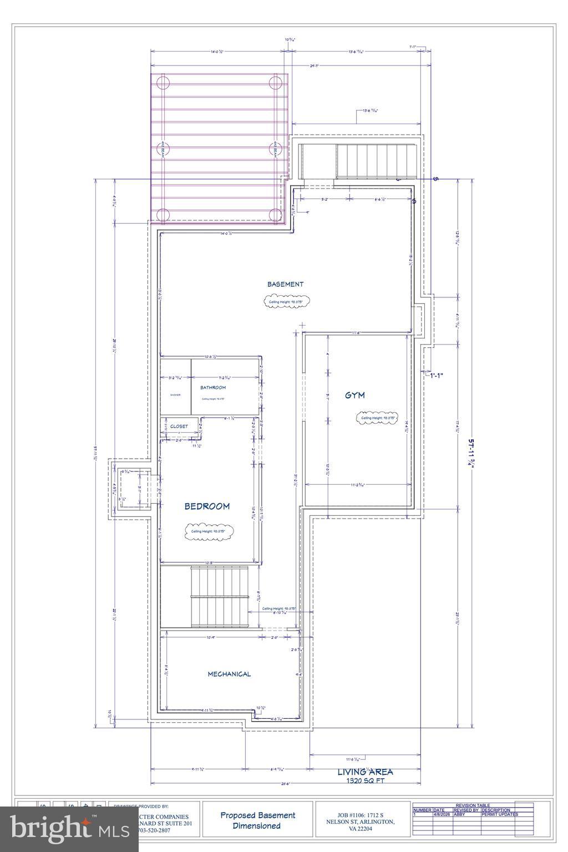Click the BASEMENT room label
click(x=285, y=284)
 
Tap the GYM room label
click(x=354, y=395)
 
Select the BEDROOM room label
click(x=206, y=506)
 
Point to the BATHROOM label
click(x=213, y=387)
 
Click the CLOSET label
click(x=179, y=427)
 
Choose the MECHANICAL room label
click(x=229, y=674)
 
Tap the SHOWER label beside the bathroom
click(x=175, y=395)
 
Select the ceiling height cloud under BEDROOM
click(x=209, y=531)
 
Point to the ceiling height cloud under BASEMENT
click(x=286, y=302)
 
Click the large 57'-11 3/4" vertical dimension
click(x=472, y=454)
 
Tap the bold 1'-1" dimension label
click(x=437, y=376)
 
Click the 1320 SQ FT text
click(x=365, y=780)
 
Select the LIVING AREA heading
click(x=365, y=772)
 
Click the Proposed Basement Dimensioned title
click(x=258, y=820)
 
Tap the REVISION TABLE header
click(x=473, y=805)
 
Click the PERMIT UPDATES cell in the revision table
click(x=500, y=814)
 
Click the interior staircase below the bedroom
click(x=219, y=597)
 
